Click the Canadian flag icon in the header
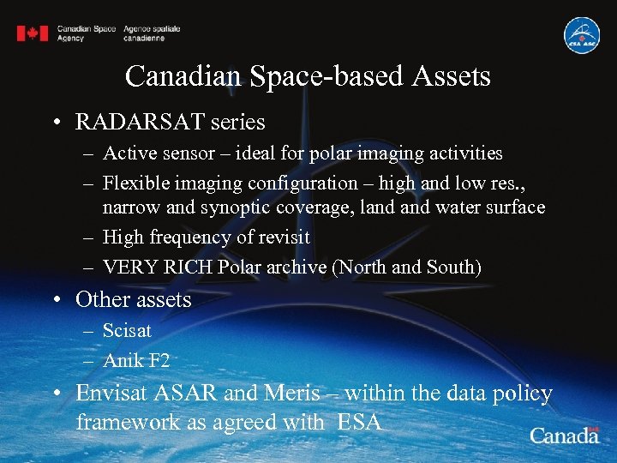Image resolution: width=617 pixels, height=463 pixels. (x=33, y=33)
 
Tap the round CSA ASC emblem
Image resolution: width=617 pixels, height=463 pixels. (x=581, y=35)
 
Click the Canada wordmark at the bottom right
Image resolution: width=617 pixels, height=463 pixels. (x=564, y=435)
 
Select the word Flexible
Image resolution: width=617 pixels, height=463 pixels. (x=134, y=183)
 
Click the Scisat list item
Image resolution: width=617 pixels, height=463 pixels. (x=127, y=330)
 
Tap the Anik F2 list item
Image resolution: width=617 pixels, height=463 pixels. (x=136, y=360)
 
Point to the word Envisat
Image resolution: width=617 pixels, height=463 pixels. (x=113, y=394)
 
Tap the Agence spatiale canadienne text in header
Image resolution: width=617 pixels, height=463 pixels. (x=152, y=33)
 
